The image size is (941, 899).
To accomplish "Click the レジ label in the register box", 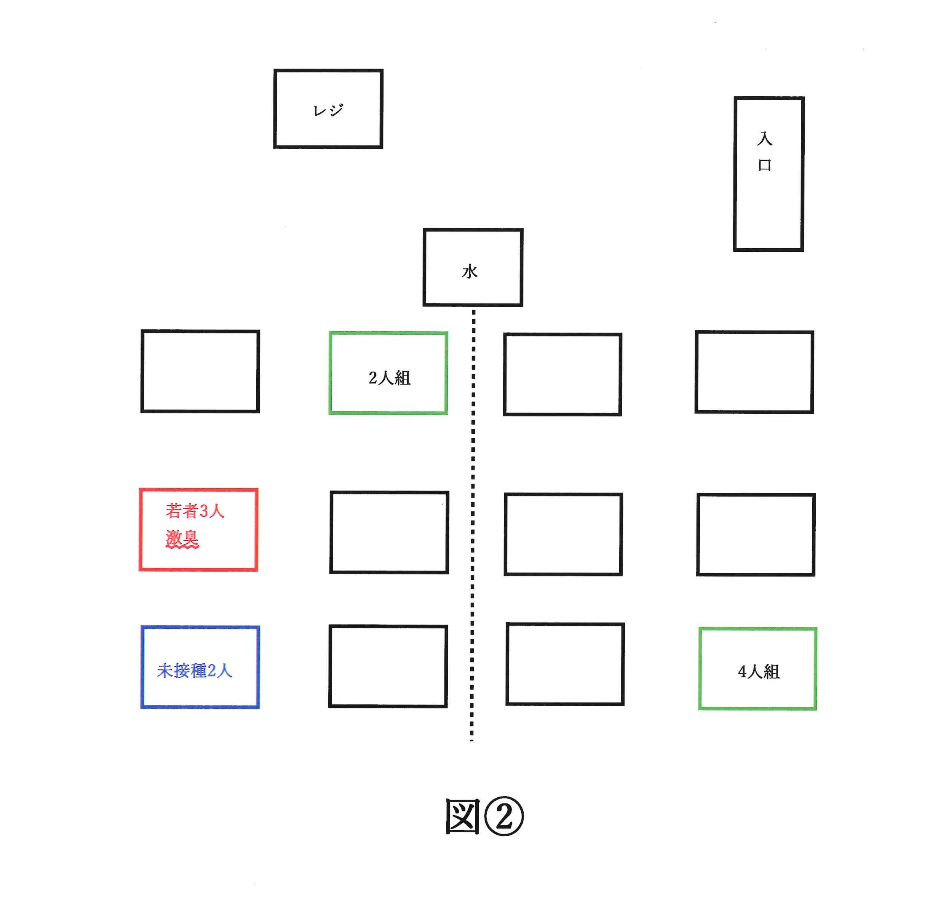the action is (x=328, y=110).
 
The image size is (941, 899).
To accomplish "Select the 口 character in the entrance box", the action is (x=765, y=165).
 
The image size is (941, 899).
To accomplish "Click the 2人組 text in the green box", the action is (x=389, y=378).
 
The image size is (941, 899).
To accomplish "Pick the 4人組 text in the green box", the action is (x=758, y=671).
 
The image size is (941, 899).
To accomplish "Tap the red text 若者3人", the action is (x=195, y=511).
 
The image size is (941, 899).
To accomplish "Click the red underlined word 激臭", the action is (x=182, y=537).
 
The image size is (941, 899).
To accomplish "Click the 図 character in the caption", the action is (x=463, y=817).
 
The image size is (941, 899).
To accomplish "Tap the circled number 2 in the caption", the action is (x=504, y=817).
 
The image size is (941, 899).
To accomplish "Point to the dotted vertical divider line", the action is (x=473, y=525).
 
